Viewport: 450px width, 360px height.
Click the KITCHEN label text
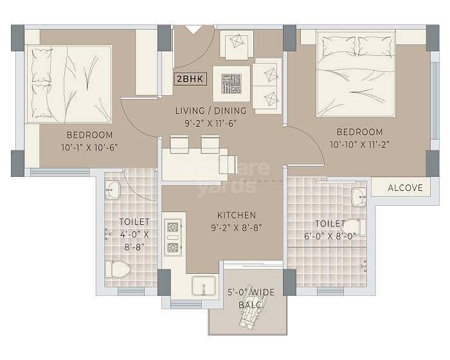(237, 215)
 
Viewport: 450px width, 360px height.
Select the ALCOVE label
(406, 188)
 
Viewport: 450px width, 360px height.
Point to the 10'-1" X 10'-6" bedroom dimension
(90, 147)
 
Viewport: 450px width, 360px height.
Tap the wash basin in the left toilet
(112, 189)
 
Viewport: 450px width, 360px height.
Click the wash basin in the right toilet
(358, 197)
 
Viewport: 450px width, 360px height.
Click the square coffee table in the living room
(231, 83)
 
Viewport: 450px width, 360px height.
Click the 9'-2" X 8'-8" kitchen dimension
(237, 227)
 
